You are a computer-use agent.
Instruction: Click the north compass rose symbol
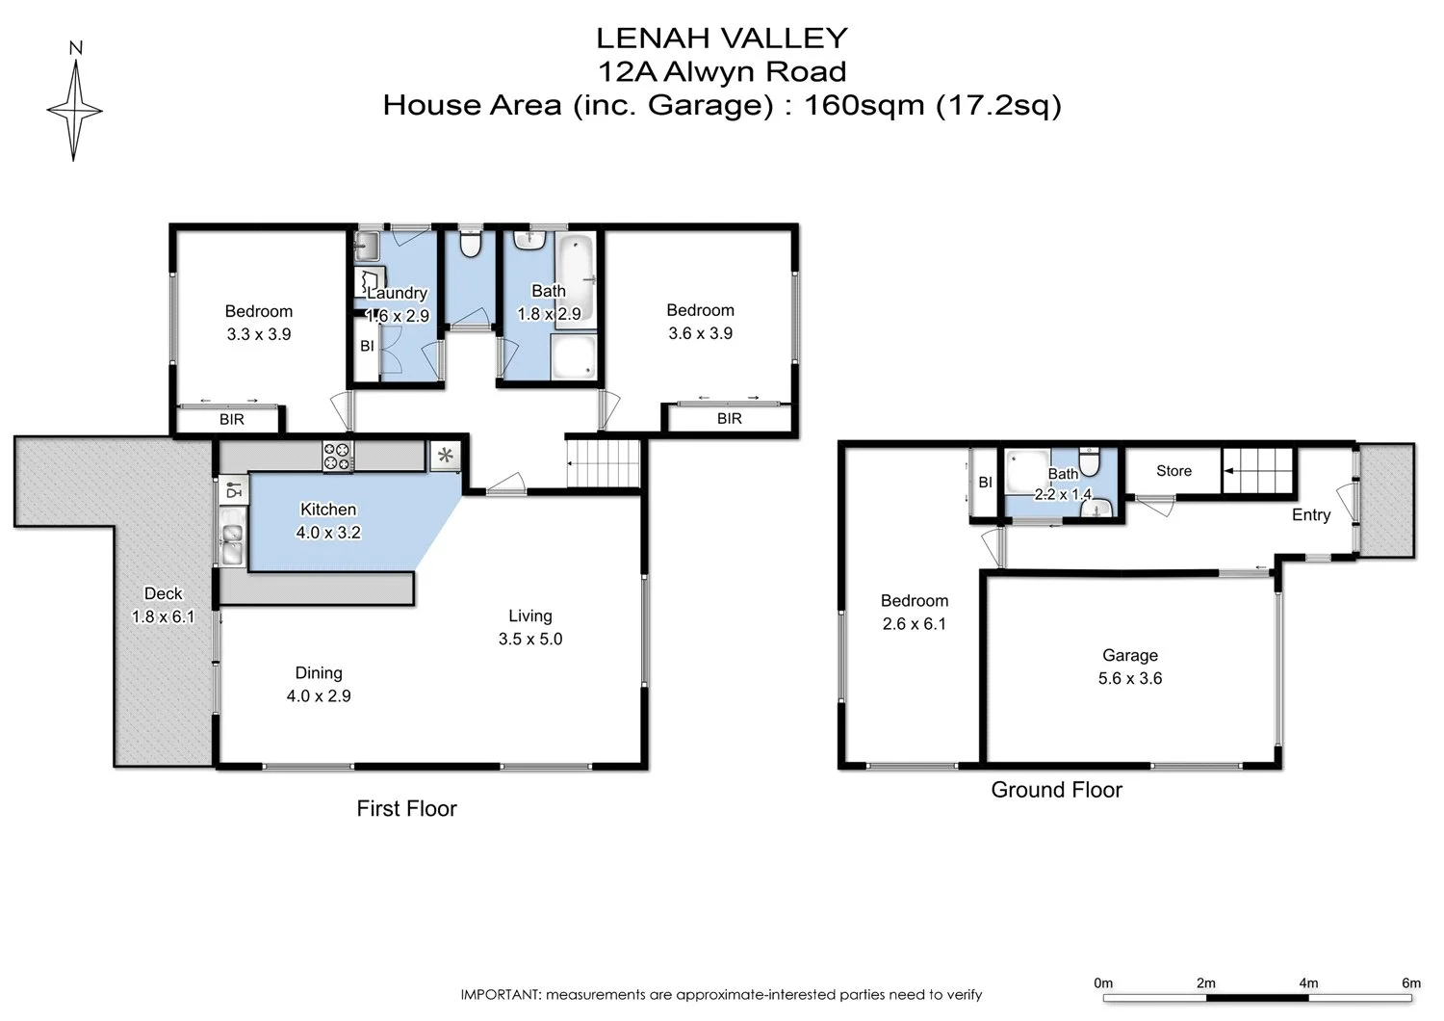tap(74, 110)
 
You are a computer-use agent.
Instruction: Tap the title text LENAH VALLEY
tap(721, 39)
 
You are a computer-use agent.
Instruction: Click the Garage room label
tap(1129, 656)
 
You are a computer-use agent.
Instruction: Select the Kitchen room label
tap(328, 510)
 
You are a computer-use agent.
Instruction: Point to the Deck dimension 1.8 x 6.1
tap(163, 616)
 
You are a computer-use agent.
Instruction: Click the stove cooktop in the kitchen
tap(337, 456)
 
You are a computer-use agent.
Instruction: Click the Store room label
tap(1173, 471)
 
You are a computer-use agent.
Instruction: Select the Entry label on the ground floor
tap(1310, 515)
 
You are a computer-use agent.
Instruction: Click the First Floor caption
tap(406, 809)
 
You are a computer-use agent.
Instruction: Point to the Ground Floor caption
tap(1056, 791)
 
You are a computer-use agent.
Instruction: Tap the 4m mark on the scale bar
tap(1308, 983)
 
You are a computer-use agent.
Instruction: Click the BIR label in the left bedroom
tap(232, 420)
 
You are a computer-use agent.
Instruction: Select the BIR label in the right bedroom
tap(729, 419)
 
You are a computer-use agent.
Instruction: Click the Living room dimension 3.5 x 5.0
tap(530, 640)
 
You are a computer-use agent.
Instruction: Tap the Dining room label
tap(319, 673)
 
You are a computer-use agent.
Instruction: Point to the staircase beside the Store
tap(1259, 472)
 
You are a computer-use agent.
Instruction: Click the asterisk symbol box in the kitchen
tap(445, 456)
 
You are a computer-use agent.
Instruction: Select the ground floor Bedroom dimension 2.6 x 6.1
tap(914, 624)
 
